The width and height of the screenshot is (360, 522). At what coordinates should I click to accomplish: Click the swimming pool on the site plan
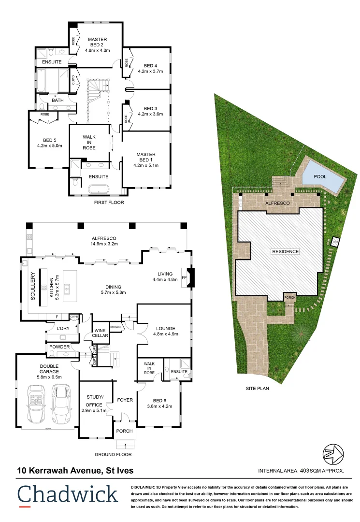323,178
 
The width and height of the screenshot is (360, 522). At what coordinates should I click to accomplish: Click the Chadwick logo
68,495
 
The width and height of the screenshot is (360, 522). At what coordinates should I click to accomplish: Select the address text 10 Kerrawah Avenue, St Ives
75,470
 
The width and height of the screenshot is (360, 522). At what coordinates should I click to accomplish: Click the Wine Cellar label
101,333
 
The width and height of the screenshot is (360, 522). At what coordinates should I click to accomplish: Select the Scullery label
33,288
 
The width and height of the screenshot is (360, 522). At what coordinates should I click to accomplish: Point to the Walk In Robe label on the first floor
89,142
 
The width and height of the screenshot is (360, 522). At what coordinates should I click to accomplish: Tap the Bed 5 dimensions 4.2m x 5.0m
50,145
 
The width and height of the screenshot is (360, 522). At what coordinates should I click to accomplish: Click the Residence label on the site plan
285,251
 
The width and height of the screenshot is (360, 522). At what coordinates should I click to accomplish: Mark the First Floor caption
109,203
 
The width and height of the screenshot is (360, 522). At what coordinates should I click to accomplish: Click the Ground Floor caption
113,454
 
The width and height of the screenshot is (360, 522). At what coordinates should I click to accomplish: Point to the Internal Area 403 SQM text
301,470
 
